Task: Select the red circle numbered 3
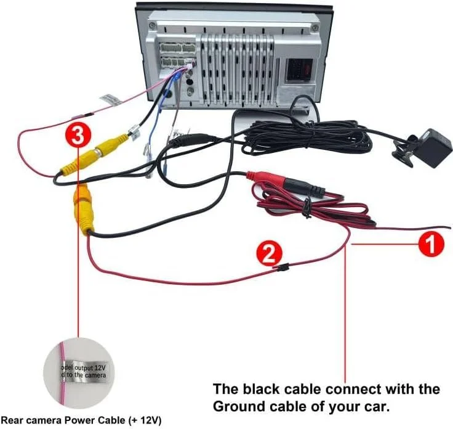click(77, 134)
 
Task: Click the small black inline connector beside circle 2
click(283, 268)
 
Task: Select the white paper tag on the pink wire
click(110, 99)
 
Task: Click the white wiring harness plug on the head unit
click(176, 52)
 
